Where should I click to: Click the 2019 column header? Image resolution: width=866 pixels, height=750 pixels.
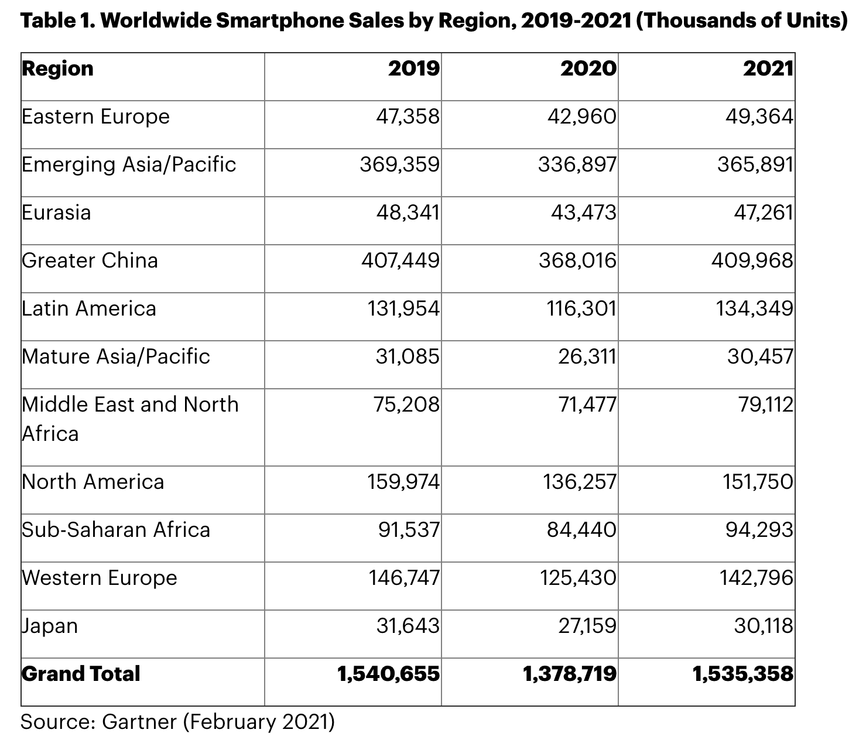(x=413, y=69)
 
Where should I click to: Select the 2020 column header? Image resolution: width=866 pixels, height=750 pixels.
(x=588, y=69)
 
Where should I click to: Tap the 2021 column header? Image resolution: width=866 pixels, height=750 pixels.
(x=768, y=69)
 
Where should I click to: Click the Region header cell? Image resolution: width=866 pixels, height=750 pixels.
(x=57, y=69)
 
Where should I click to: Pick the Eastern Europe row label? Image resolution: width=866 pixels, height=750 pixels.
(x=95, y=117)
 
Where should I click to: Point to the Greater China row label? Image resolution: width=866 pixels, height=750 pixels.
(x=90, y=261)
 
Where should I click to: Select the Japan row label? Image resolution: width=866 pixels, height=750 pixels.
(x=50, y=626)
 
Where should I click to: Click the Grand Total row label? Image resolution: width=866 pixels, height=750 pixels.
(x=81, y=674)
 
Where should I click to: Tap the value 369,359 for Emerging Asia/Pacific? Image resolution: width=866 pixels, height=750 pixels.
(x=399, y=165)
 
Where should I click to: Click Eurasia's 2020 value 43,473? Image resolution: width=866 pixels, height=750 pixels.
(x=583, y=213)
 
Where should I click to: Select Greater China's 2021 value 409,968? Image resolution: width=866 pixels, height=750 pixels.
(x=752, y=261)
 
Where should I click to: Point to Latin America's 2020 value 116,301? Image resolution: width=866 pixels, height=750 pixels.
(x=579, y=309)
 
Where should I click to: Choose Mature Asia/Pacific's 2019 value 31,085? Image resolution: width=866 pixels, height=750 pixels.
(x=407, y=357)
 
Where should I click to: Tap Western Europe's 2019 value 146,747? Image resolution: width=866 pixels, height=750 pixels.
(x=403, y=578)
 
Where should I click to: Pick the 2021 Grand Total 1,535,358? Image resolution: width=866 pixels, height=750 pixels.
(x=743, y=674)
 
